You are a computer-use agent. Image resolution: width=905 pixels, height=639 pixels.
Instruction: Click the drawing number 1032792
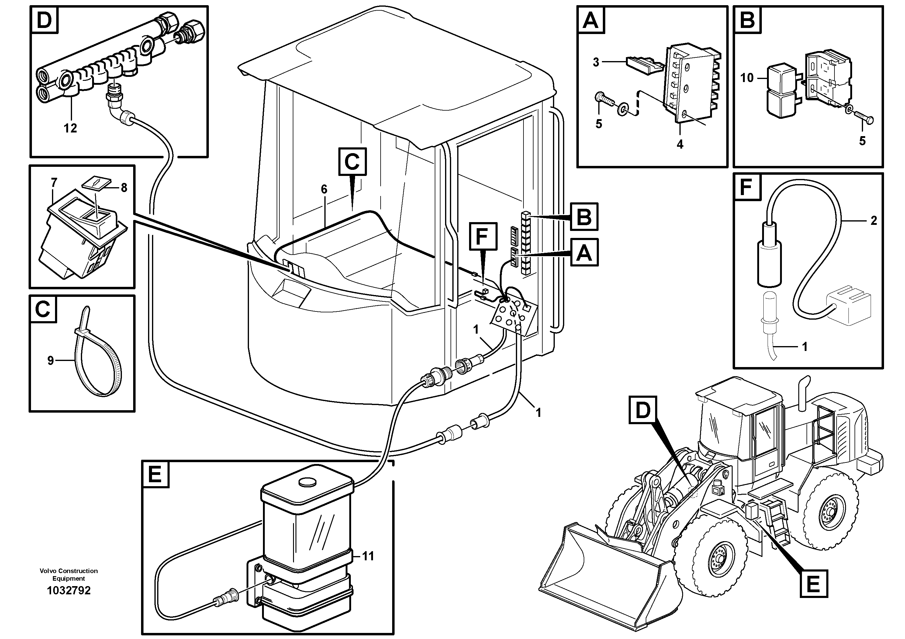click(x=69, y=590)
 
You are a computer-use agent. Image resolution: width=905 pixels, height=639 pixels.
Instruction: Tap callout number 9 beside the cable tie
click(x=50, y=360)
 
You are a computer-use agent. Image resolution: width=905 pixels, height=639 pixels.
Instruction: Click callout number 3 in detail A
click(x=596, y=62)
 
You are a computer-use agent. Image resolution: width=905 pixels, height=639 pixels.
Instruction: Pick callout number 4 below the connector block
click(x=680, y=145)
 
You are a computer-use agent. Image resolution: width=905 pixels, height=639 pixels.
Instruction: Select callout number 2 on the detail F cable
click(x=873, y=221)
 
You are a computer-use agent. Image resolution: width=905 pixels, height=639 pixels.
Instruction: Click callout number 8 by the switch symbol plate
click(x=124, y=188)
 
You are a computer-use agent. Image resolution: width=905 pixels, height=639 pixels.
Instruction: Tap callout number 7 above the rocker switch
click(x=54, y=182)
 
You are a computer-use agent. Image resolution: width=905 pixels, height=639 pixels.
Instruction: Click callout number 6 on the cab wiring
click(x=324, y=190)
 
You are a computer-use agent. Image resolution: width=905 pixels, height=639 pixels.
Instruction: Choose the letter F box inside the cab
click(x=482, y=236)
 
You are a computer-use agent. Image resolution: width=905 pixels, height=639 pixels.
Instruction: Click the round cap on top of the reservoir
click(x=307, y=481)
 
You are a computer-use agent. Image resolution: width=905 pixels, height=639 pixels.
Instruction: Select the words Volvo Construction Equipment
click(x=69, y=574)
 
